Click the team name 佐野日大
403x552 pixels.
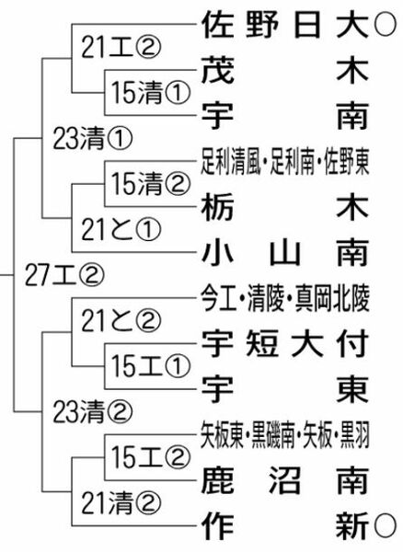point(285,25)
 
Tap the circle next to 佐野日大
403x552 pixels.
point(385,25)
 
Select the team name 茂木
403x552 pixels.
point(285,71)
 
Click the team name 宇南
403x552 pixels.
point(285,116)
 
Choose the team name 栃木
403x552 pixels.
point(285,207)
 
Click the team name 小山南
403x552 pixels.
point(285,253)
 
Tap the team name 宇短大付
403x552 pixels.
point(285,344)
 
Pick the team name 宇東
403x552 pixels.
point(285,390)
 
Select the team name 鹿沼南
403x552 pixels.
point(285,481)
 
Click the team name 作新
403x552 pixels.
point(285,526)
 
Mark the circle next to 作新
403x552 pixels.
point(385,526)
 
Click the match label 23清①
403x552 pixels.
point(93,139)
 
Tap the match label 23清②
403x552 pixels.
point(93,412)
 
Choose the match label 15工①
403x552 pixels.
point(151,366)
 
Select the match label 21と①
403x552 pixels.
point(121,229)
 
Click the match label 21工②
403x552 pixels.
point(121,48)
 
